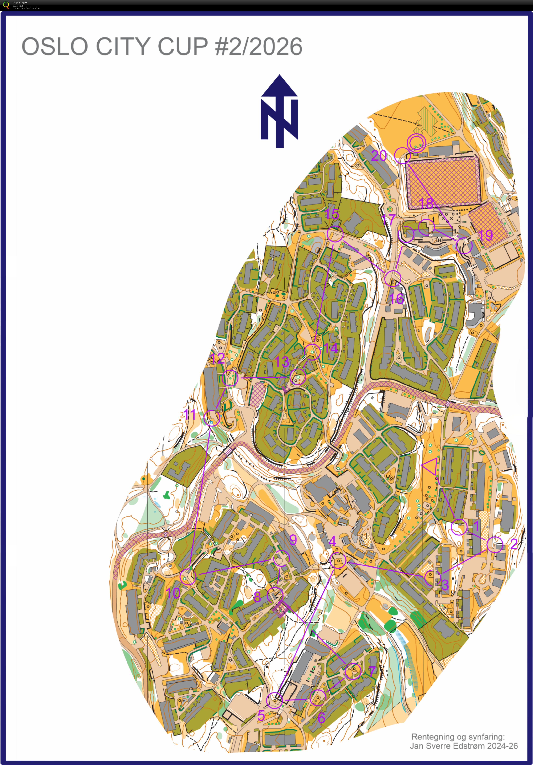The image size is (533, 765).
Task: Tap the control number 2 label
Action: pos(514,544)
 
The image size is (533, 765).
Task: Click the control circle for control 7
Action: pos(353,671)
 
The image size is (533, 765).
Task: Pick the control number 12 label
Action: pos(218,359)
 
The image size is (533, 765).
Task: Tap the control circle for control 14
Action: pos(312,352)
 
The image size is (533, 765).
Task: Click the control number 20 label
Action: pos(379,156)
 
